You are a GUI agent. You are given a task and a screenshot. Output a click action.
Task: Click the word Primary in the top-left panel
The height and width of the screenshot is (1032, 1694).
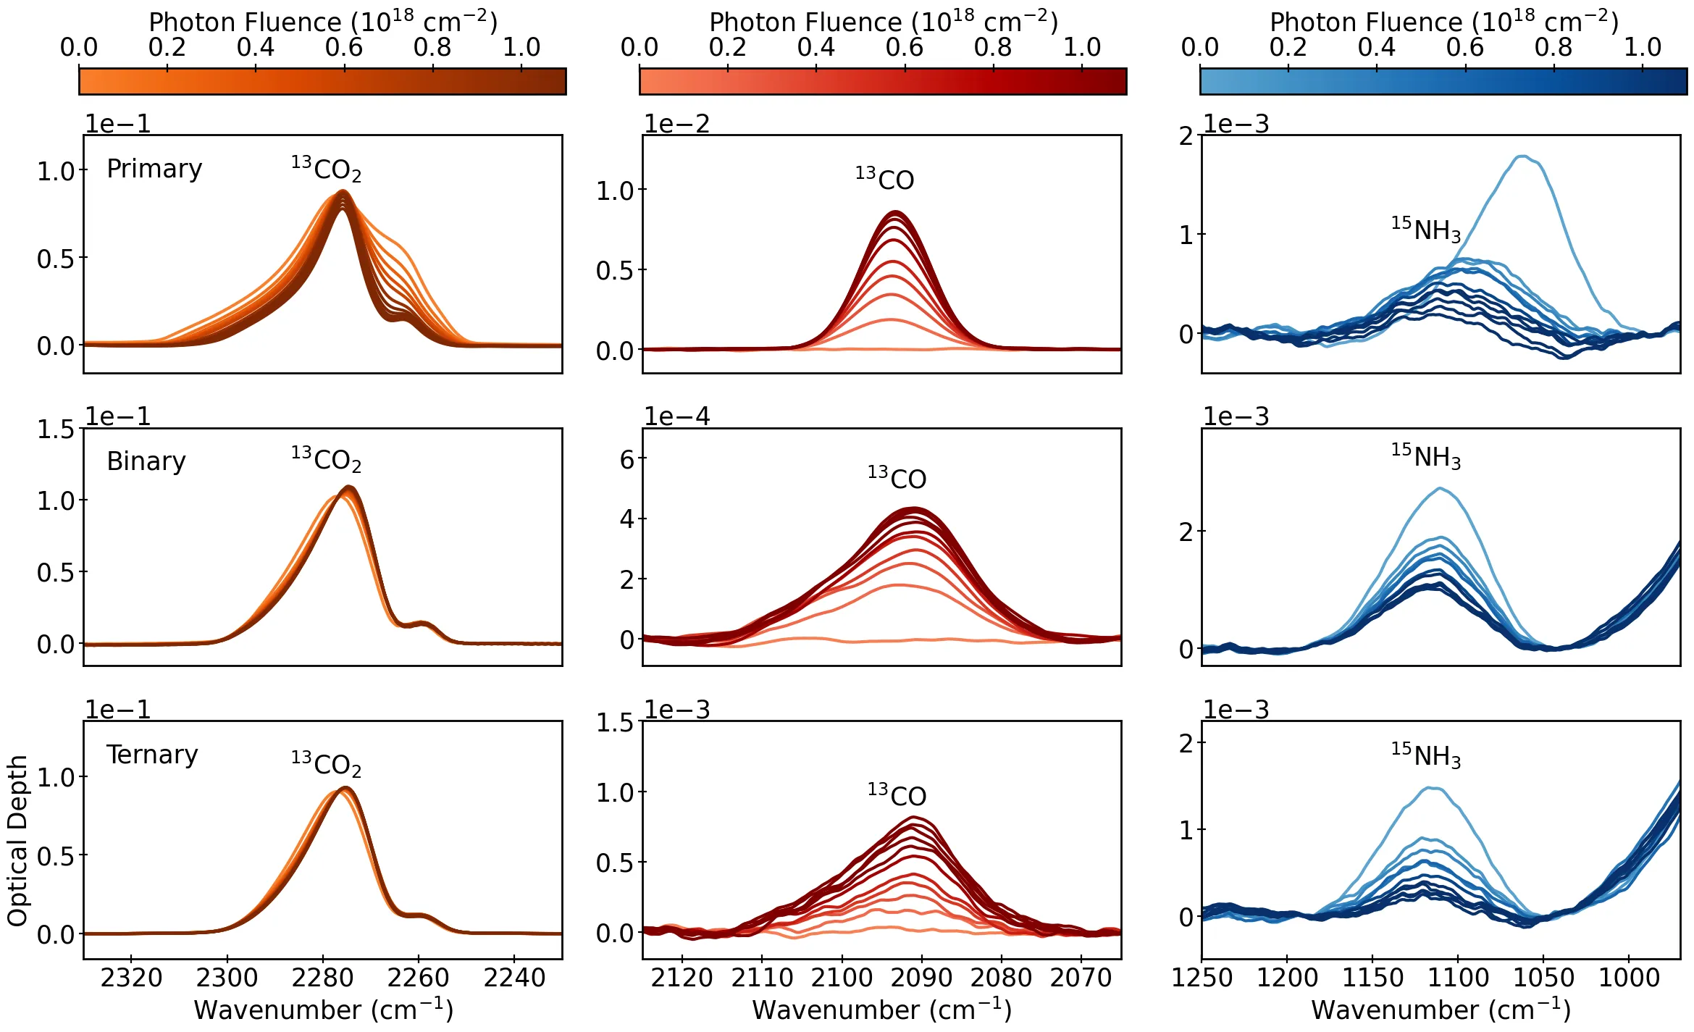154,169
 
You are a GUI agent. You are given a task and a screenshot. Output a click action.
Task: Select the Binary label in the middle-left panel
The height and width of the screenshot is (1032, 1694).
146,461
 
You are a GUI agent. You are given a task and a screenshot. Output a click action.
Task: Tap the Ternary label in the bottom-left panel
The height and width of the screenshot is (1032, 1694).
152,755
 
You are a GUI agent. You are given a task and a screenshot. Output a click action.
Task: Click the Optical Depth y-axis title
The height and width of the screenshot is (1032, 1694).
17,840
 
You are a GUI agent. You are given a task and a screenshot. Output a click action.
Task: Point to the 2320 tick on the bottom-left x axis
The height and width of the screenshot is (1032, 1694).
131,978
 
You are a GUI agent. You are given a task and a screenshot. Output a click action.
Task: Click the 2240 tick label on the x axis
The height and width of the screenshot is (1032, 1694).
514,978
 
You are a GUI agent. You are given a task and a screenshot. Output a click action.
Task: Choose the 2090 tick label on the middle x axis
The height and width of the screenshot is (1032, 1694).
922,978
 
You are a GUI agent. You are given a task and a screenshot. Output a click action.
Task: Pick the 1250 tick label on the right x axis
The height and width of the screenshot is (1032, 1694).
1202,978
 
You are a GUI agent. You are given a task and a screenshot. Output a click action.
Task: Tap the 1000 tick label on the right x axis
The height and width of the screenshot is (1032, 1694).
1628,978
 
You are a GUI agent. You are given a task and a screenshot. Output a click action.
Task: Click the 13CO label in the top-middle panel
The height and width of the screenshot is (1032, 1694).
884,178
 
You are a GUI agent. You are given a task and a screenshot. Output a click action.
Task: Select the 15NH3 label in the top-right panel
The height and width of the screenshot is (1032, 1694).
1425,229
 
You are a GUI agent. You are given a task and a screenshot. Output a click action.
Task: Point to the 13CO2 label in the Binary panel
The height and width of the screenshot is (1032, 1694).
326,459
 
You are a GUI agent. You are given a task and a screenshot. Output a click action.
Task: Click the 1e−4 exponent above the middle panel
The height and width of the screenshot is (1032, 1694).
676,416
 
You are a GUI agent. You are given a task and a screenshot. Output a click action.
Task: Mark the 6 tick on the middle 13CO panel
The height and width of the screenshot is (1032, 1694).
627,459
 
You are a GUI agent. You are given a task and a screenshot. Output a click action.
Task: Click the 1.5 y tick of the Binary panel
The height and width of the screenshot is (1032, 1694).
56,429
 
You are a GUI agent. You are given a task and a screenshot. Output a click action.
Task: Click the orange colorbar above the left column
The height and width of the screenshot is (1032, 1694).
322,81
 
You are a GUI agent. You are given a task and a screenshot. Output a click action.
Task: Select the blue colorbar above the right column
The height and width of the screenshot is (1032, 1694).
1443,81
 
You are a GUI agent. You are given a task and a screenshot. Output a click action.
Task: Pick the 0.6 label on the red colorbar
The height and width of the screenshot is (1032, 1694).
904,48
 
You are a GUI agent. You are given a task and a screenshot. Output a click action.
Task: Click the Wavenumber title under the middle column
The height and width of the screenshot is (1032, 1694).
881,1010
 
